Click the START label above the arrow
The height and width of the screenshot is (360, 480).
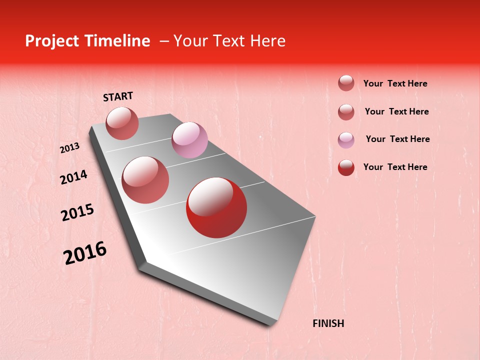(x=118, y=96)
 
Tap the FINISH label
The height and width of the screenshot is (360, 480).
(x=328, y=323)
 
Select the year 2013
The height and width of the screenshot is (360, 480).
(x=70, y=148)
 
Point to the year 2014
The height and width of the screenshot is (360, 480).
(x=74, y=177)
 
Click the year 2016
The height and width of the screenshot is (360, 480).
(x=85, y=253)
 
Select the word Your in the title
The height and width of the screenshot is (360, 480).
(x=189, y=41)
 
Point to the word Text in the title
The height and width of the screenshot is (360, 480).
(x=228, y=41)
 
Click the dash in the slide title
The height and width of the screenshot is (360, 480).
(x=163, y=41)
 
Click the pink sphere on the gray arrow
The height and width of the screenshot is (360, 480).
(x=189, y=140)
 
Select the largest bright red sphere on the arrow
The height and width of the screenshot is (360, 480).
(x=216, y=207)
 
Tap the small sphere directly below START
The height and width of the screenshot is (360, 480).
(x=122, y=123)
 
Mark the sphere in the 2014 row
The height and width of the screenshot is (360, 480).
(x=145, y=180)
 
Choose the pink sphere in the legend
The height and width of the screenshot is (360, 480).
(x=346, y=139)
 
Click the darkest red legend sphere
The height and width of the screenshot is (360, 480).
(x=346, y=167)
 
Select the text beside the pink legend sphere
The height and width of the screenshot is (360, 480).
(x=397, y=139)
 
